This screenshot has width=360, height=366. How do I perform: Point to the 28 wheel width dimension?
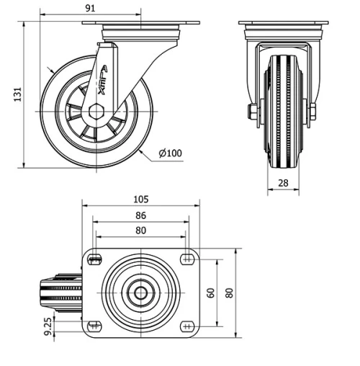pos(283,183)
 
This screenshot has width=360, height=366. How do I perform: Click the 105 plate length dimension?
pos(140,198)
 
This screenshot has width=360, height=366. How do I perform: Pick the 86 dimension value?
pos(140,215)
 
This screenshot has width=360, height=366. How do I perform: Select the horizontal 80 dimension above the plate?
pos(140,231)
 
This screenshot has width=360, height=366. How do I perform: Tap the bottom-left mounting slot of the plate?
pos(94,326)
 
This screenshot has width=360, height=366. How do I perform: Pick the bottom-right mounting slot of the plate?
pos(186,326)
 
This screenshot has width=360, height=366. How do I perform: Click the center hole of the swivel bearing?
pos(140,293)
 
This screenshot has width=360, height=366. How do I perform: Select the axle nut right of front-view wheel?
pos(312,111)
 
